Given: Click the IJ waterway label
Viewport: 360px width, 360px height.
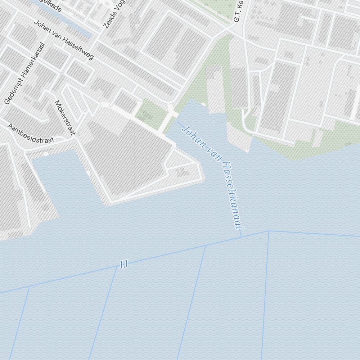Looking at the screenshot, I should pyautogui.click(x=123, y=265).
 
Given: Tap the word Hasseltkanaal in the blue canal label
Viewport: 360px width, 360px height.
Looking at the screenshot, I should pyautogui.click(x=233, y=196).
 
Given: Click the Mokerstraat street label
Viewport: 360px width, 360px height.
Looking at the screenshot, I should pyautogui.click(x=65, y=117).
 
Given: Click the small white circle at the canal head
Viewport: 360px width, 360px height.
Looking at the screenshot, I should pyautogui.click(x=203, y=104).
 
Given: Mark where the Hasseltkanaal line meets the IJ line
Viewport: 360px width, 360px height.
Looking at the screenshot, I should pyautogui.click(x=241, y=237).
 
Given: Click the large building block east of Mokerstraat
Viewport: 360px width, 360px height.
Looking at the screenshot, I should pyautogui.click(x=126, y=158).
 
